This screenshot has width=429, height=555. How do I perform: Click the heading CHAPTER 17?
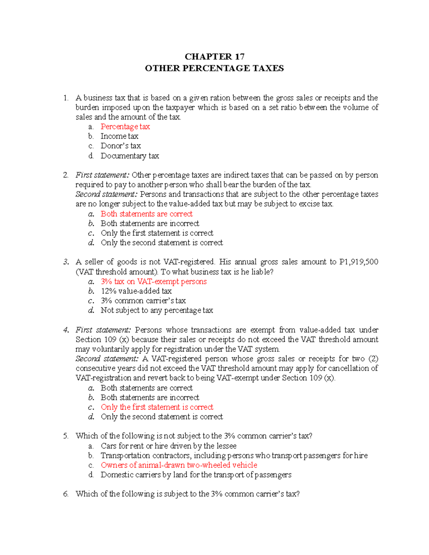pyautogui.click(x=214, y=56)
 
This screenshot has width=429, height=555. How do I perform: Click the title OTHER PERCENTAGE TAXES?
pyautogui.click(x=214, y=68)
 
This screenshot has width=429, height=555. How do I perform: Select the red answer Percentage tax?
pyautogui.click(x=125, y=127)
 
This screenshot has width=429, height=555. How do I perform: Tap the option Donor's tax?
pyautogui.click(x=120, y=146)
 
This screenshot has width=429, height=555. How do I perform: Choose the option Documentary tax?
pyautogui.click(x=130, y=156)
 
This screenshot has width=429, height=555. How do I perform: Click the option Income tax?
pyautogui.click(x=119, y=136)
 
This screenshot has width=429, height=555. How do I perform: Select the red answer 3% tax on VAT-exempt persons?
pyautogui.click(x=154, y=282)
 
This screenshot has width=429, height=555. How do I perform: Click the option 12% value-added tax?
pyautogui.click(x=136, y=291)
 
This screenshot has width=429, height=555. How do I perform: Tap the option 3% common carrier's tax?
pyautogui.click(x=143, y=301)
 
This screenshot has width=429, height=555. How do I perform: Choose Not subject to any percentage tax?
pyautogui.click(x=157, y=311)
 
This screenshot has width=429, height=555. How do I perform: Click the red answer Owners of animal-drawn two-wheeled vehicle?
pyautogui.click(x=179, y=465)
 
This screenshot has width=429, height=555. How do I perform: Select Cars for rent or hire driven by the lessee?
pyautogui.click(x=168, y=446)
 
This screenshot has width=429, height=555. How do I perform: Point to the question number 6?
pyautogui.click(x=66, y=494)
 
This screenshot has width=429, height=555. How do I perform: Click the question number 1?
pyautogui.click(x=65, y=98)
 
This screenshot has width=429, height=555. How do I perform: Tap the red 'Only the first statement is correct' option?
pyautogui.click(x=157, y=407)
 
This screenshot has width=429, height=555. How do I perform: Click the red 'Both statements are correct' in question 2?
pyautogui.click(x=147, y=214)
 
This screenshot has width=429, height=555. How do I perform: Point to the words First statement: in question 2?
pyautogui.click(x=102, y=175)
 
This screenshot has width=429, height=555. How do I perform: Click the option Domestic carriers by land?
pyautogui.click(x=196, y=475)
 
